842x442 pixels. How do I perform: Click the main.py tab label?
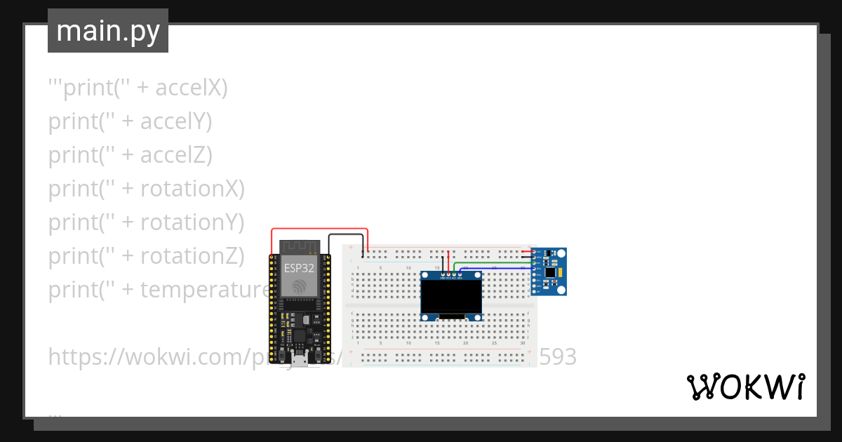[107, 31]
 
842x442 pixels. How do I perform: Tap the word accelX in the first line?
[192, 88]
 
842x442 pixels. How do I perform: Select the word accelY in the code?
[176, 121]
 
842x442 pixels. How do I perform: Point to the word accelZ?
[176, 155]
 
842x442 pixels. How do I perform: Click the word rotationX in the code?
[192, 189]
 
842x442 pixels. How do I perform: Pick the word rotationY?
[192, 222]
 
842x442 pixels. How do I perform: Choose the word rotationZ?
[192, 256]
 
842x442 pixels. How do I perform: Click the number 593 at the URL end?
[557, 357]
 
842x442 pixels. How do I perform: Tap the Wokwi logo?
[745, 387]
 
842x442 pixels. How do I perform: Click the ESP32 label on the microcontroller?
[299, 267]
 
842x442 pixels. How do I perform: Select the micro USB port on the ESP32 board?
[300, 361]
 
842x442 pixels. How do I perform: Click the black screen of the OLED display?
[451, 297]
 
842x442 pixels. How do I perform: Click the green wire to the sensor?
[491, 262]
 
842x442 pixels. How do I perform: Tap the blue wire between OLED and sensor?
[491, 268]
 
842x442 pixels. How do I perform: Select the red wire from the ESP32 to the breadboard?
[319, 229]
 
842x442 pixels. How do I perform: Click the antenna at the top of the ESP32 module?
[300, 247]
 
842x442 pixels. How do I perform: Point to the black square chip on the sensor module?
[550, 271]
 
